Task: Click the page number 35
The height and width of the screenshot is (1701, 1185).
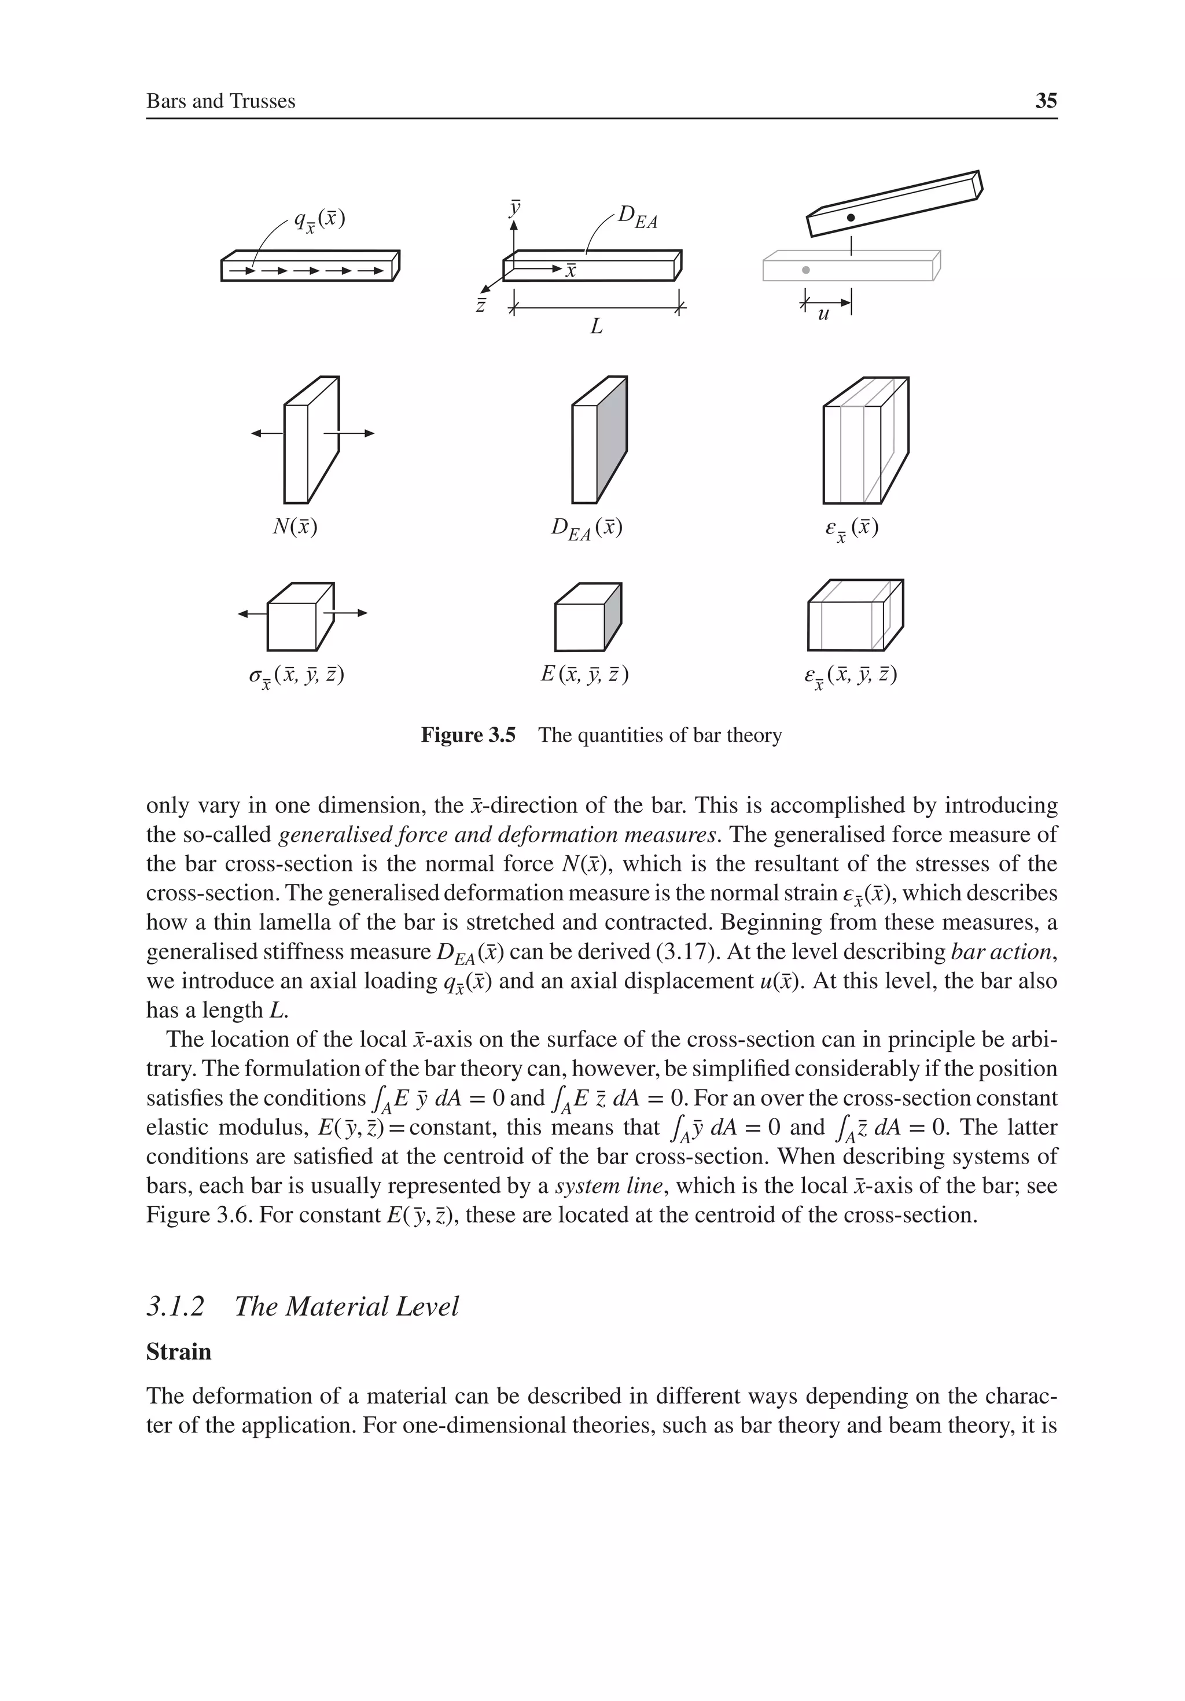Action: tap(1046, 101)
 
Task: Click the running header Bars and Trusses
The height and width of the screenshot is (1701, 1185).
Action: tap(221, 101)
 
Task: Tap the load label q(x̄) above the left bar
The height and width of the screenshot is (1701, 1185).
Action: tap(319, 220)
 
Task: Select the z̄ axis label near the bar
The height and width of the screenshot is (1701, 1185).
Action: tap(481, 304)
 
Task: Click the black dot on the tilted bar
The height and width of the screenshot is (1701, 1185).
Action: tap(851, 217)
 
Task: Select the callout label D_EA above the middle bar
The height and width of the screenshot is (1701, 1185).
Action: tap(637, 216)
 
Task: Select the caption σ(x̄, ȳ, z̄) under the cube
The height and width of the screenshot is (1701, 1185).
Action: tap(296, 676)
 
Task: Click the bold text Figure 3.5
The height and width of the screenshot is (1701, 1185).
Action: tap(468, 735)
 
